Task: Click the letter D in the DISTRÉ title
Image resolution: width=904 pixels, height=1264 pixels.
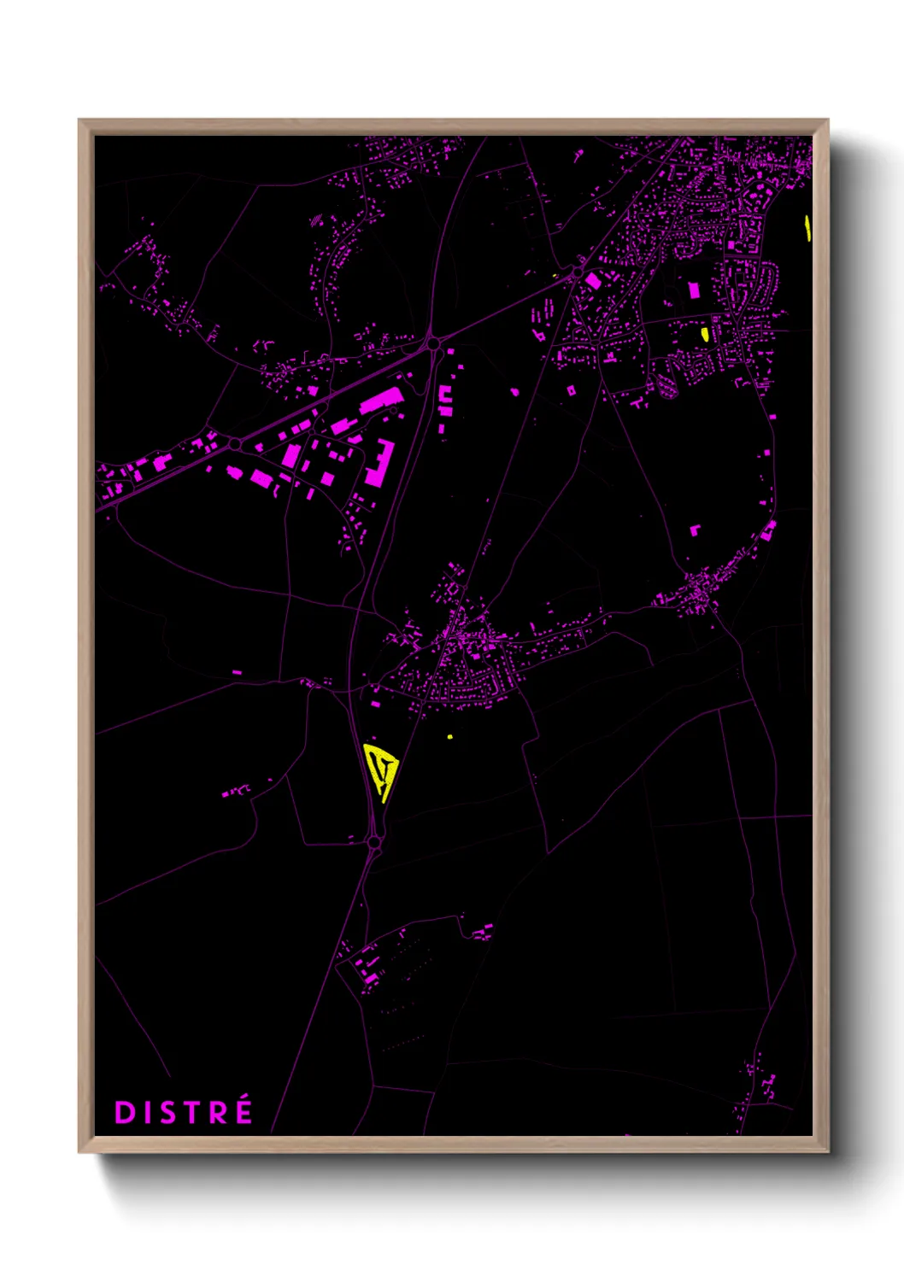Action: [125, 1112]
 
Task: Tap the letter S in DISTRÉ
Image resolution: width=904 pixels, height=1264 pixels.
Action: [172, 1112]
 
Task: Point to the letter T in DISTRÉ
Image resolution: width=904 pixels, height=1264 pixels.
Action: [196, 1112]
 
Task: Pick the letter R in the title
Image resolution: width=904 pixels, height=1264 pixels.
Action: [220, 1112]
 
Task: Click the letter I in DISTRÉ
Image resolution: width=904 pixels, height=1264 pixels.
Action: [148, 1112]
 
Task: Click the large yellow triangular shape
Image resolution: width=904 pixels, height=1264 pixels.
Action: [380, 769]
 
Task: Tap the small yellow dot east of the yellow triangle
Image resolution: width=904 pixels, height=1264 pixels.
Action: [449, 736]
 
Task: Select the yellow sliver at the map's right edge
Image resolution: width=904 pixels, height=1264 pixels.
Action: [807, 228]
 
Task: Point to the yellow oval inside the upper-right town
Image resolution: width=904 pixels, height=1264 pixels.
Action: [705, 334]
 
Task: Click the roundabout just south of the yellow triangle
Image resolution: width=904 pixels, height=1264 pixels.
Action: [373, 843]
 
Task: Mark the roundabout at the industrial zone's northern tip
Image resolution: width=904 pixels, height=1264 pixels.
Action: [433, 343]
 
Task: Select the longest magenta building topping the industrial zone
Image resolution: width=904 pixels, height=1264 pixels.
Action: [381, 400]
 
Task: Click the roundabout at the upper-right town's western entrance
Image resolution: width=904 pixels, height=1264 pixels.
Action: [577, 271]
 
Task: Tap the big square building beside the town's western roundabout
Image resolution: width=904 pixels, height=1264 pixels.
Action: [593, 280]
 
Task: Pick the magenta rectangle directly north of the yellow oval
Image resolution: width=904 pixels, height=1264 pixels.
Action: [694, 291]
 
